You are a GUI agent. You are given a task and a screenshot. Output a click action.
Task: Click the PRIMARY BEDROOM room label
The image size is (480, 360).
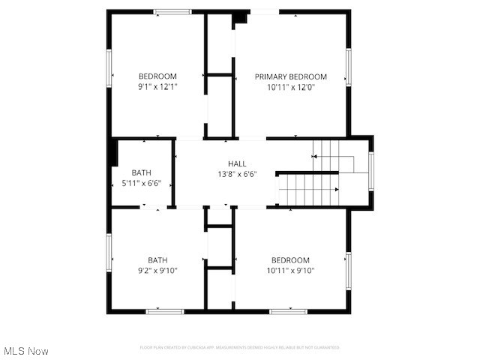290,76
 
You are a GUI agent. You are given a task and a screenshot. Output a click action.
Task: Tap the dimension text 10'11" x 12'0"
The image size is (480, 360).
290,87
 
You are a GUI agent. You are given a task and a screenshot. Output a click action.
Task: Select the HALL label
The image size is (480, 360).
237,163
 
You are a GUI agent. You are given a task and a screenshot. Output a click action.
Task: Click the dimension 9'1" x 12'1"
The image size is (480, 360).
157,87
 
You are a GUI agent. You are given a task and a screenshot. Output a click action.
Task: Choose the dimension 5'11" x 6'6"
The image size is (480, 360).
141,183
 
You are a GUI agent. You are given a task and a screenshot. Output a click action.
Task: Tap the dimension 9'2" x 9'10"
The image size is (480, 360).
157,271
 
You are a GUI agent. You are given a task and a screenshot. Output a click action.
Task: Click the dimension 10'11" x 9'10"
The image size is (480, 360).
290,271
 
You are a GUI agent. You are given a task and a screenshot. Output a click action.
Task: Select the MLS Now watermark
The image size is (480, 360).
26,350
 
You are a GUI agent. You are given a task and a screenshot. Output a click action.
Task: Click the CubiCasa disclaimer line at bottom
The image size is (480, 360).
240,347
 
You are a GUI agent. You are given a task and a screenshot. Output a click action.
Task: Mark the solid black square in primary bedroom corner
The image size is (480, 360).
240,18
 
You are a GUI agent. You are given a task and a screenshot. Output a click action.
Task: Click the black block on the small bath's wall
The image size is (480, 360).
113,151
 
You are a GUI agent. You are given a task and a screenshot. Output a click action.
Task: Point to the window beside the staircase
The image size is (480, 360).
370,171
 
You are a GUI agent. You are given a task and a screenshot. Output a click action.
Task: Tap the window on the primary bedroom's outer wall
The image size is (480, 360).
348,67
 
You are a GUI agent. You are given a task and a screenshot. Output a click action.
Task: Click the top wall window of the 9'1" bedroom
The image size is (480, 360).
172,11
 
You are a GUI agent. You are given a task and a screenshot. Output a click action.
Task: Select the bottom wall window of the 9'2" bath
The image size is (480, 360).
165,310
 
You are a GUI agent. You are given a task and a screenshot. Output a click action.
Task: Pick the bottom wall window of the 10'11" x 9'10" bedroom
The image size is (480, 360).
288,310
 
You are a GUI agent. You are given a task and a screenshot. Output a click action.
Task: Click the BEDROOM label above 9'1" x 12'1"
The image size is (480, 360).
157,76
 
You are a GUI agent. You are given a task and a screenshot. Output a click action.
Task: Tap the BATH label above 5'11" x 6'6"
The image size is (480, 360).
141,172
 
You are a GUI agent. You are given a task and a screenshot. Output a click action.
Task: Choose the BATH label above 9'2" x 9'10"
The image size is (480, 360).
157,260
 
